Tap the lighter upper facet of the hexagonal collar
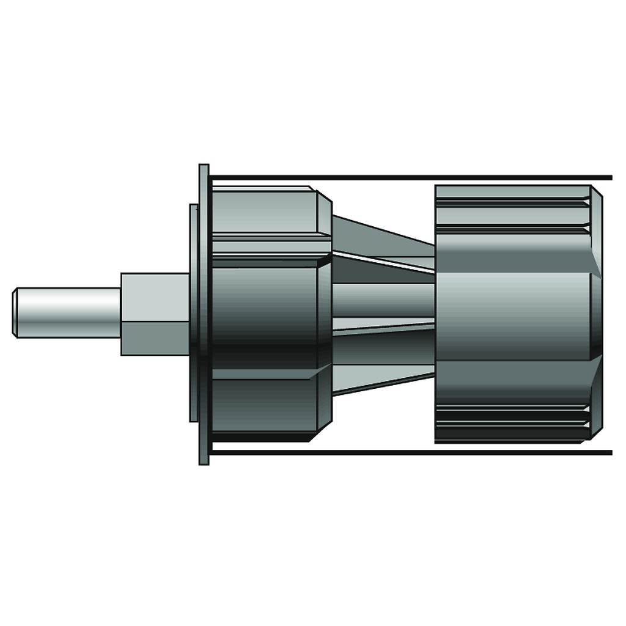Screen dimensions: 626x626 pyautogui.click(x=155, y=296)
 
